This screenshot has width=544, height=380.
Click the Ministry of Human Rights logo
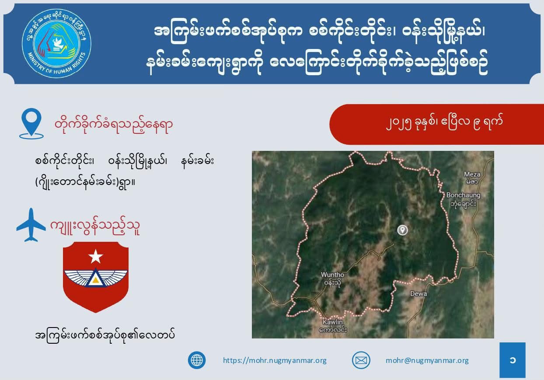pyautogui.click(x=56, y=43)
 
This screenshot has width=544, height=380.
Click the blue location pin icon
pyautogui.click(x=31, y=124)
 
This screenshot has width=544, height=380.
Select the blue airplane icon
pyautogui.click(x=31, y=225)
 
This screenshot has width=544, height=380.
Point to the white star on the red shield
pyautogui.click(x=95, y=256)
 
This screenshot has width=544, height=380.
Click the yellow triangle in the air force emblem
pyautogui.click(x=96, y=280)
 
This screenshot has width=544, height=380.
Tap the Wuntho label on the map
pyautogui.click(x=332, y=279)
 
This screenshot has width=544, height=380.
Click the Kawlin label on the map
pyautogui.click(x=333, y=325)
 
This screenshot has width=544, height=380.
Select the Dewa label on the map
pyautogui.click(x=418, y=293)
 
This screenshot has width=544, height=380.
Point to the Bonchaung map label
pyautogui.click(x=464, y=199)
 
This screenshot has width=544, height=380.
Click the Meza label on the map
pyautogui.click(x=472, y=178)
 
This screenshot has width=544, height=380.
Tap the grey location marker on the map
pyautogui.click(x=402, y=230)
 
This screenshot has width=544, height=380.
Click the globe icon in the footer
pyautogui.click(x=197, y=360)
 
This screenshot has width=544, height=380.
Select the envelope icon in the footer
pyautogui.click(x=361, y=360)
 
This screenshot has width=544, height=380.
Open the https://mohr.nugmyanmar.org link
pyautogui.click(x=275, y=360)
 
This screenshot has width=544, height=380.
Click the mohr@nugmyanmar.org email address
pyautogui.click(x=427, y=360)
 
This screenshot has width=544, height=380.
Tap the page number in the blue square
pyautogui.click(x=513, y=360)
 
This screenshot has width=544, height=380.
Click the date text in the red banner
pyautogui.click(x=444, y=123)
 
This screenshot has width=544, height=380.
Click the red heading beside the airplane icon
pyautogui.click(x=95, y=227)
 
